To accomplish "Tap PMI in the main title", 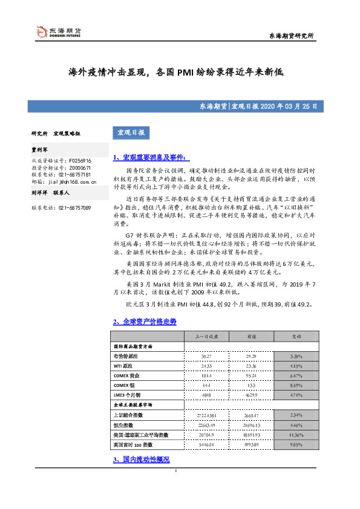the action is point(185,71).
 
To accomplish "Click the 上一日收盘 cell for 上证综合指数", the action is point(205,414).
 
